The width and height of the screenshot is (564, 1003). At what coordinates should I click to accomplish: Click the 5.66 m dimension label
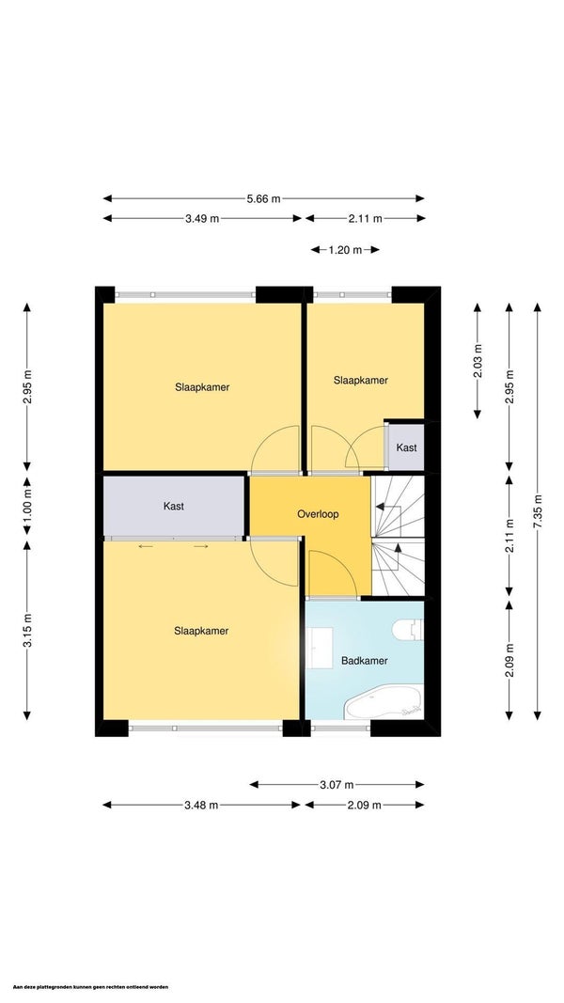pos(263,198)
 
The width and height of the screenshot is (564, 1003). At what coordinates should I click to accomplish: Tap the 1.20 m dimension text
pos(345,250)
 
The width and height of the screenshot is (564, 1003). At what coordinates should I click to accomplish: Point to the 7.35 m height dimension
pos(538,511)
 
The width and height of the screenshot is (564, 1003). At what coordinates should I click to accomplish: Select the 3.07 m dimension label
pos(337,784)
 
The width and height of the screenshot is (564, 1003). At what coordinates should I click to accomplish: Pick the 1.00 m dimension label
pos(27,510)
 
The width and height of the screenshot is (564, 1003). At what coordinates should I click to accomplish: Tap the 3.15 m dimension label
pos(27,630)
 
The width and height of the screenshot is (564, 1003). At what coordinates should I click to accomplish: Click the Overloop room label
pos(318,513)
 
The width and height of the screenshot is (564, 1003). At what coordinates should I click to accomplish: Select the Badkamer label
pos(364,661)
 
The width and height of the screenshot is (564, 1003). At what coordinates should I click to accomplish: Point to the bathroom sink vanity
pos(319,648)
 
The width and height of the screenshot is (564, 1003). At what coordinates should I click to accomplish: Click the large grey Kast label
pos(174,506)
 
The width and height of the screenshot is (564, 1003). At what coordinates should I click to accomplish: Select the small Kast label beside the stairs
pos(407,447)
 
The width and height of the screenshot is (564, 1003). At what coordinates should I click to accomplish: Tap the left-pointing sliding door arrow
pos(145,546)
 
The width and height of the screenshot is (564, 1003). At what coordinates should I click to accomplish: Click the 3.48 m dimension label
pos(201,805)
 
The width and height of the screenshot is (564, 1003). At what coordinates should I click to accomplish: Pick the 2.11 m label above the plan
pos(365,218)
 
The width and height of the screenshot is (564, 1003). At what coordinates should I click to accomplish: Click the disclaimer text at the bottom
pos(91,987)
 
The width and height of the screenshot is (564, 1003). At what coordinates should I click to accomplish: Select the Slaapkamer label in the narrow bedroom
pos(361,380)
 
